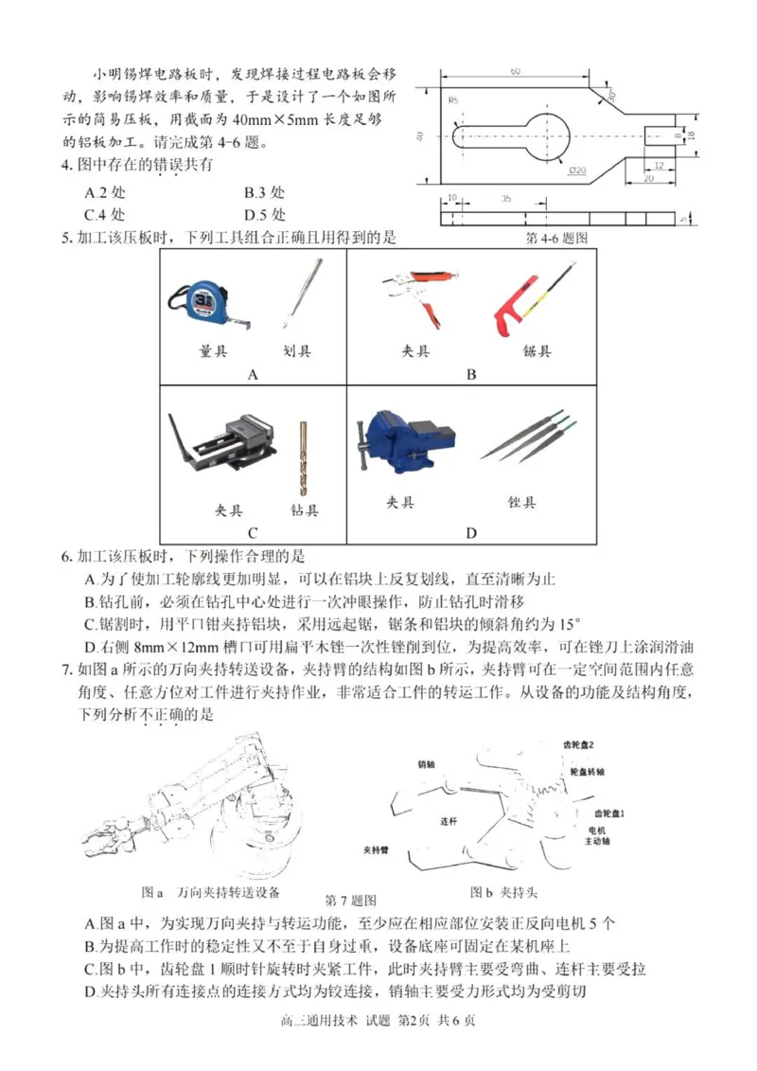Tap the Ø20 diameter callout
click(x=577, y=170)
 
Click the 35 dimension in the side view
click(x=505, y=200)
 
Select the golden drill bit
click(x=304, y=459)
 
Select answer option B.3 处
click(x=264, y=190)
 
